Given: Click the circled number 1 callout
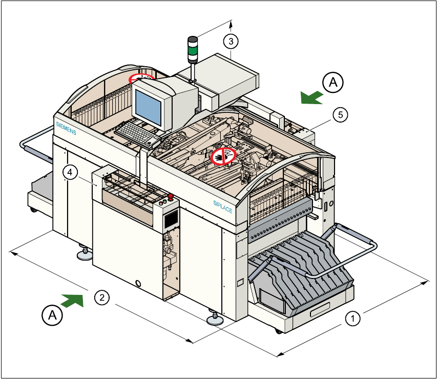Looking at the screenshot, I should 351,318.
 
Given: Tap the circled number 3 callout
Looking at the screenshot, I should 231,40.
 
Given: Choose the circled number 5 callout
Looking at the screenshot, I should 339,114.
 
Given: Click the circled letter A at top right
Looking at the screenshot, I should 333,82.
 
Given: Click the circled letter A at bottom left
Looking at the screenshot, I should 52,315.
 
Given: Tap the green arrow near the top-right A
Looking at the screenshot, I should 311,97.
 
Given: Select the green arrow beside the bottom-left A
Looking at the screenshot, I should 71,300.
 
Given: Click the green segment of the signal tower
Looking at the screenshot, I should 192,51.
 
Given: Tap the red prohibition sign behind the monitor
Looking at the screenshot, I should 140,78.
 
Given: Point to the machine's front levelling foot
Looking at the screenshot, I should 214,320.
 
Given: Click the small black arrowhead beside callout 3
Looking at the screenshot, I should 232,23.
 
